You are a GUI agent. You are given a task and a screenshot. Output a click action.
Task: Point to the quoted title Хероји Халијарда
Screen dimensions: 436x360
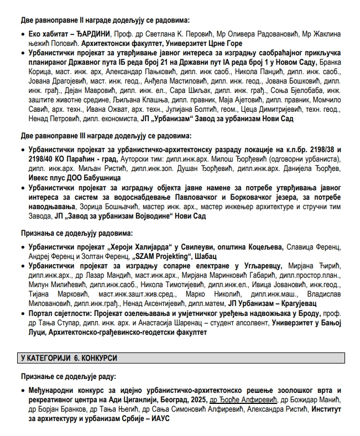coord(138,246)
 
